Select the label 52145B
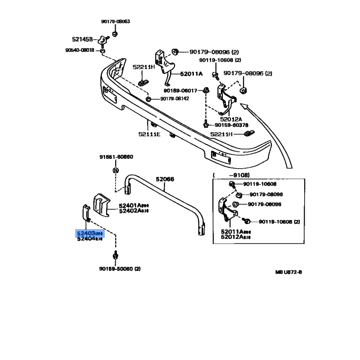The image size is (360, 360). tap(82, 39)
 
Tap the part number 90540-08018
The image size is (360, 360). tap(80, 50)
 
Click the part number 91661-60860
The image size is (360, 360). tap(116, 157)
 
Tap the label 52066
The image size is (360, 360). tap(165, 179)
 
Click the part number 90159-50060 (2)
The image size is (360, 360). tap(120, 269)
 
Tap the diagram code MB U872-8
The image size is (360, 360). tap(288, 272)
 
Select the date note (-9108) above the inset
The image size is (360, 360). tap(232, 175)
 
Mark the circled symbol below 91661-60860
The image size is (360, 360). tap(115, 171)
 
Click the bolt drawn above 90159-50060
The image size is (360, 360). tap(116, 255)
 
